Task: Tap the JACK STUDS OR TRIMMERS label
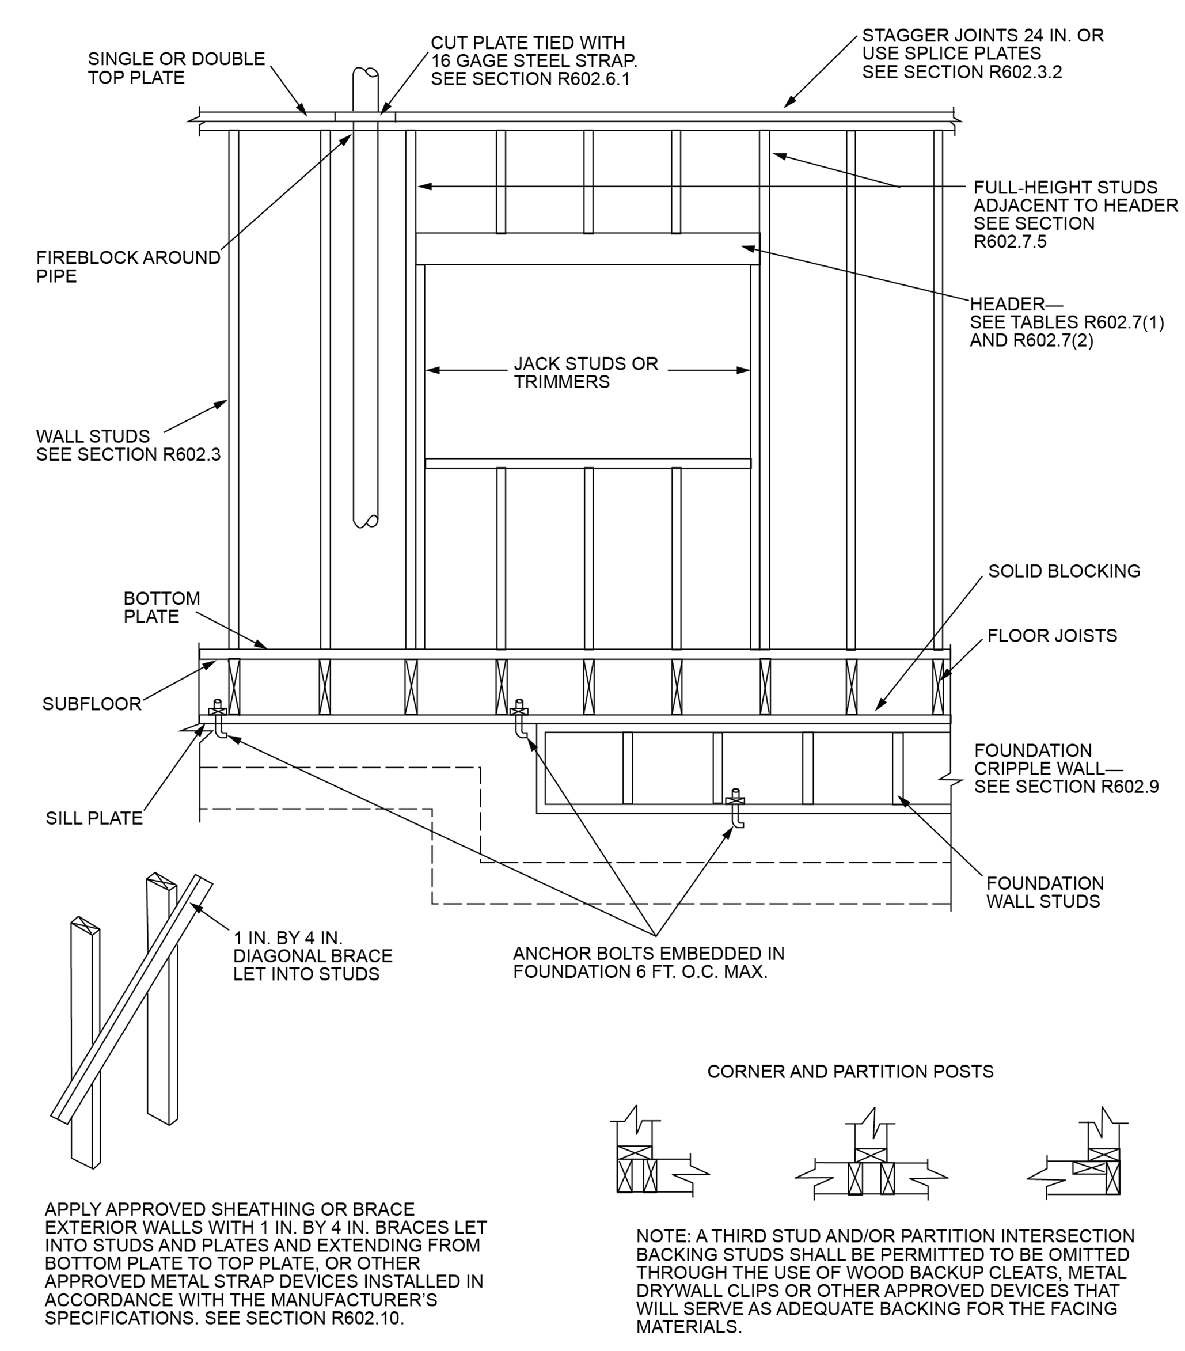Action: point(586,373)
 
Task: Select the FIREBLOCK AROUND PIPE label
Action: point(128,267)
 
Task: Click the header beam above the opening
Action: point(587,249)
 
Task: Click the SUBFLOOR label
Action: point(92,704)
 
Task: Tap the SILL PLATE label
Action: point(94,818)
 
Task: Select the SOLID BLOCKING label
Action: point(1064,571)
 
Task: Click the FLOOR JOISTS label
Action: point(1051,636)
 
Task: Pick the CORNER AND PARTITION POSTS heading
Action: point(850,1072)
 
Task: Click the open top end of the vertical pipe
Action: point(366,73)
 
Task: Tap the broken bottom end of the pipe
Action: point(366,522)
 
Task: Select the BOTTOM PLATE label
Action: point(161,608)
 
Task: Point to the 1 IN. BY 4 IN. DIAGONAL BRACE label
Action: point(312,956)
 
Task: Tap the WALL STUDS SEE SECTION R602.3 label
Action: point(128,446)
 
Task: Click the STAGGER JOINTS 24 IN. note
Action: point(981,54)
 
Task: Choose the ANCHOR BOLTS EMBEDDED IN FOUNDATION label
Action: point(648,962)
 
